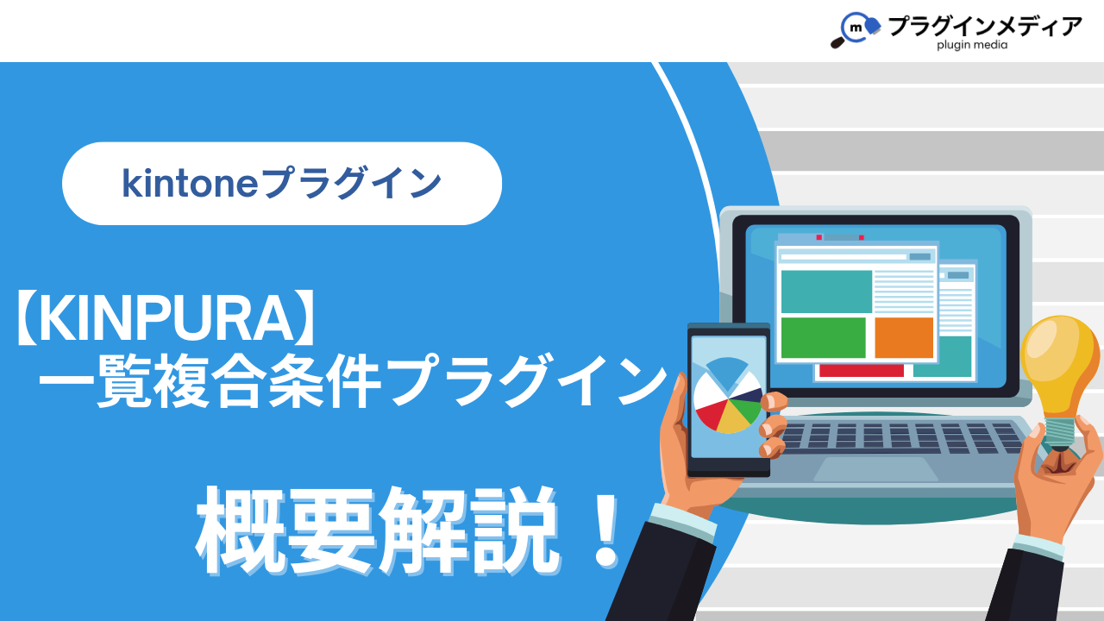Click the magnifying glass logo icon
coord(856,29)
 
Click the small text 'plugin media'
coord(972,46)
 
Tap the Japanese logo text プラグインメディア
coord(985,26)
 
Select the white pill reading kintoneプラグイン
coord(282,184)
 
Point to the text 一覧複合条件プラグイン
coord(353,380)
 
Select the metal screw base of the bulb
coord(1060,434)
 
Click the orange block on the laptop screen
coord(904,337)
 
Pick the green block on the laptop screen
coord(823,337)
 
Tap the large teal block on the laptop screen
coord(826,292)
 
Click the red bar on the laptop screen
coord(861,371)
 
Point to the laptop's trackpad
coord(875,469)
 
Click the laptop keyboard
coord(903,437)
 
